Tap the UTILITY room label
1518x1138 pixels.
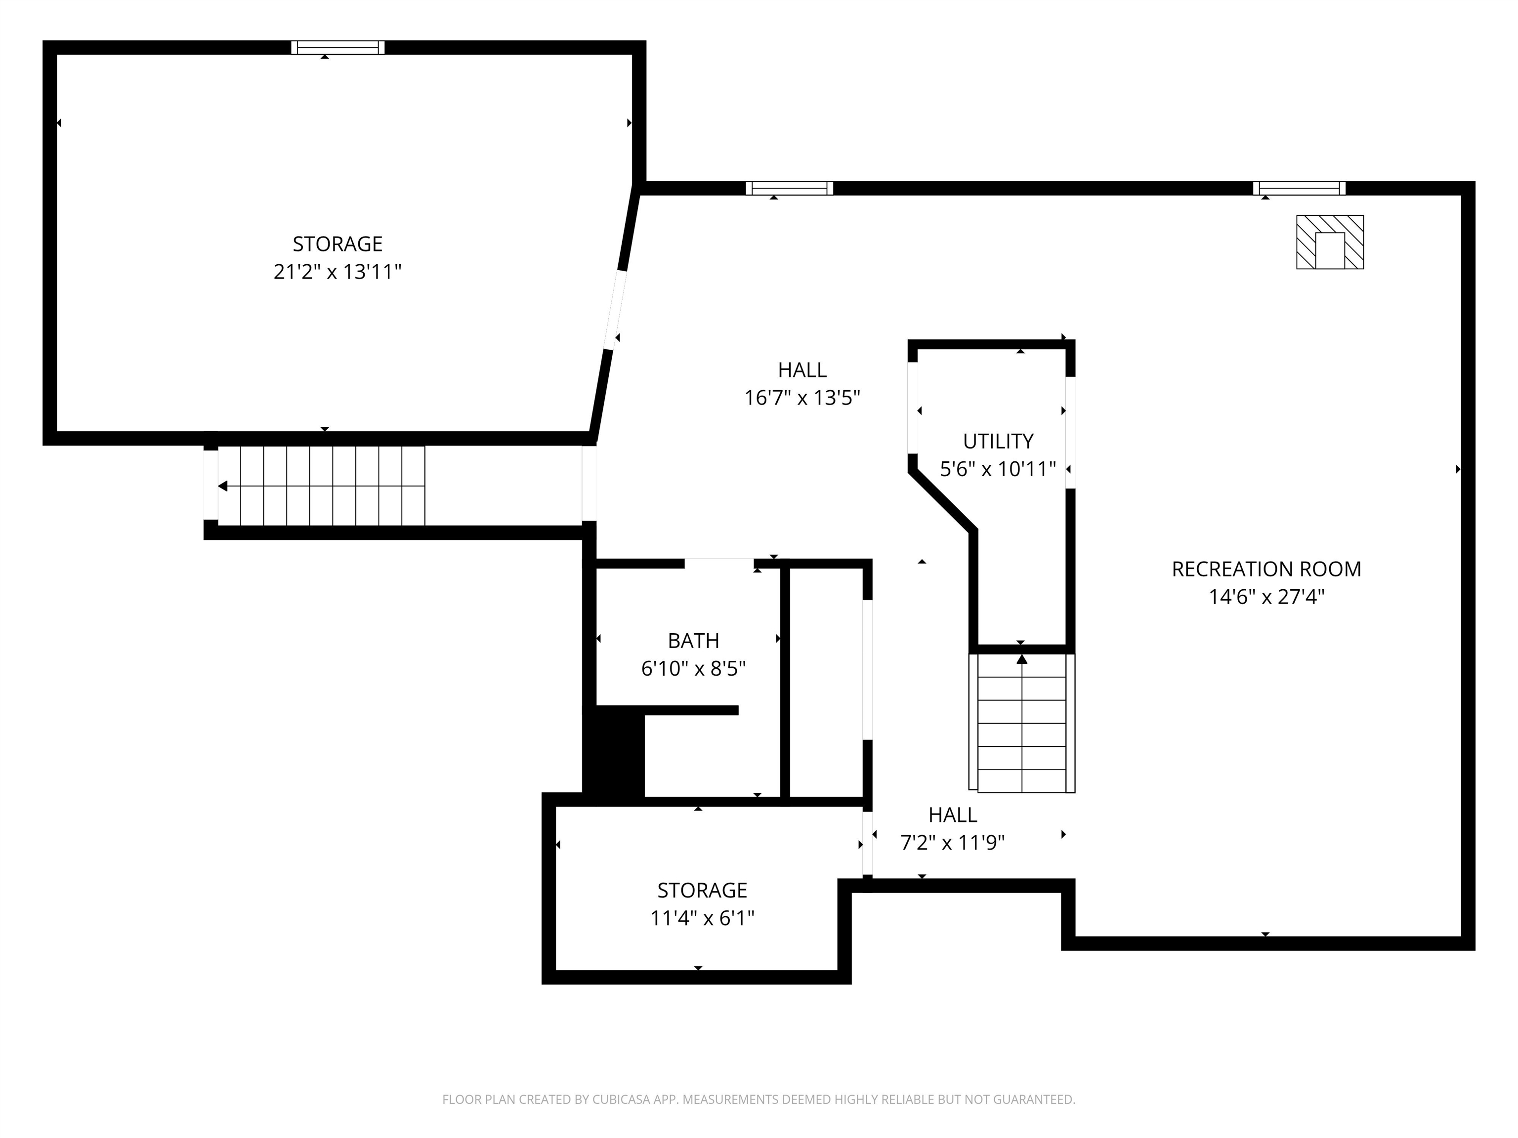(x=998, y=441)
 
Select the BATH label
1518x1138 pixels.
(x=693, y=640)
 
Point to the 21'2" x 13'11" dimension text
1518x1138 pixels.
(x=337, y=272)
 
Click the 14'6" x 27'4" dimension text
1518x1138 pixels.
(x=1266, y=597)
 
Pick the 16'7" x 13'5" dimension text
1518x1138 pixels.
(x=802, y=398)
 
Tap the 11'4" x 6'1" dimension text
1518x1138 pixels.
(x=702, y=918)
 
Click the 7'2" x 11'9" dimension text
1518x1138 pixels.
(x=953, y=842)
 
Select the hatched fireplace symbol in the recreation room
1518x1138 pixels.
(x=1329, y=242)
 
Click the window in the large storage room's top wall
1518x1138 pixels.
(x=337, y=47)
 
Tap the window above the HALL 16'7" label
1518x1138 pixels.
(x=789, y=188)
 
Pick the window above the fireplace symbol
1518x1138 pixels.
(x=1299, y=188)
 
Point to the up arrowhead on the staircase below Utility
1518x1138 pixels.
(x=1022, y=659)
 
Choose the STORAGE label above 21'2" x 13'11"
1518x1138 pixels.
(x=337, y=244)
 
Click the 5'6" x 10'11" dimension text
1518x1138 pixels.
(x=998, y=469)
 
